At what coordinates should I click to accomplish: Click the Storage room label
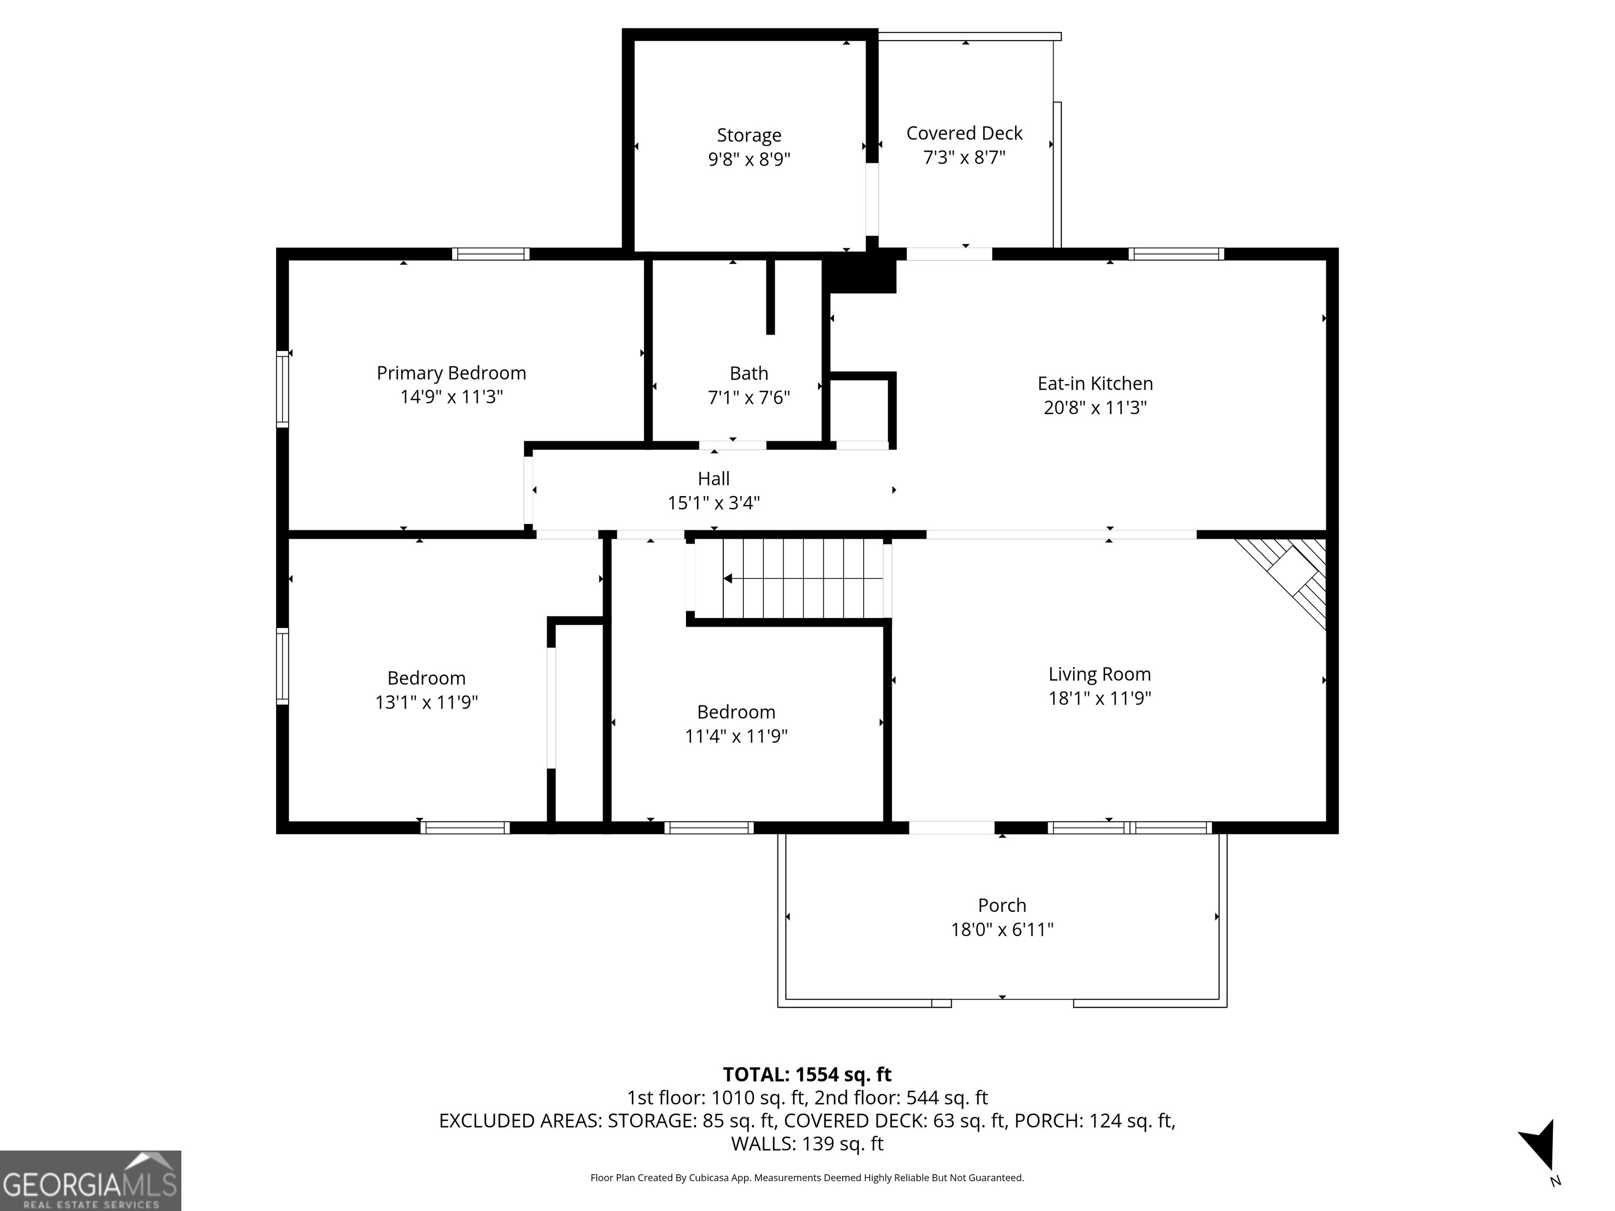coord(749,136)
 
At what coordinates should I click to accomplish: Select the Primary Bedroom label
coord(451,373)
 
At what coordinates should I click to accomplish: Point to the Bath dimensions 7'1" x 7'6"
coord(749,398)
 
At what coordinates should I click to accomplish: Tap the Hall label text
coord(713,479)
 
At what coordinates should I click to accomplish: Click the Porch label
coord(1001,906)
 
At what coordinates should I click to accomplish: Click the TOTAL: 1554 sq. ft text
coord(807,1074)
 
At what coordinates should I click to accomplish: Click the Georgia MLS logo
coord(90,1181)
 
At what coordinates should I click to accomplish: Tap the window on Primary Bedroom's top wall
coord(490,254)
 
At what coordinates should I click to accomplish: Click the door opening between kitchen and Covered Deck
coord(948,254)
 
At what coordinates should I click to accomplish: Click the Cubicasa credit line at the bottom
coord(807,1177)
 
